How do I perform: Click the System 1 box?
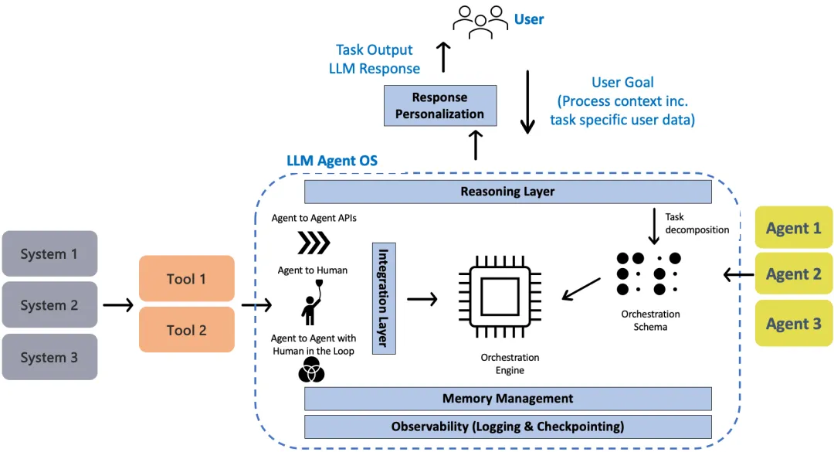pyautogui.click(x=49, y=253)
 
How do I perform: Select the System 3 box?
pyautogui.click(x=49, y=357)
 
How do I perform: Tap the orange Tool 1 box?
pyautogui.click(x=187, y=278)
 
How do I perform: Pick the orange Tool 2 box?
pyautogui.click(x=187, y=330)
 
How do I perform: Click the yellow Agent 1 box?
pyautogui.click(x=794, y=228)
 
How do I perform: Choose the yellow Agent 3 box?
pyautogui.click(x=794, y=323)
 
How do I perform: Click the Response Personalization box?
pyautogui.click(x=440, y=105)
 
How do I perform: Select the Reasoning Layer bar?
pyautogui.click(x=508, y=192)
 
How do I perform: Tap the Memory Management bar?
pyautogui.click(x=508, y=398)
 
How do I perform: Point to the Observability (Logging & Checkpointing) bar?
pyautogui.click(x=508, y=427)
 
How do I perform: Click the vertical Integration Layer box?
pyautogui.click(x=384, y=298)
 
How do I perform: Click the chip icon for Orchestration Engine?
pyautogui.click(x=500, y=297)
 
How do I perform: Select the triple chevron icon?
pyautogui.click(x=314, y=243)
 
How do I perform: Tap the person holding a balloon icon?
pyautogui.click(x=312, y=303)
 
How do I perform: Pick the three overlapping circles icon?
pyautogui.click(x=311, y=369)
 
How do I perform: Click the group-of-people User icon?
pyautogui.click(x=480, y=22)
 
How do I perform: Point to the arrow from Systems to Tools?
pyautogui.click(x=118, y=305)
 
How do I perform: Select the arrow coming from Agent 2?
pyautogui.click(x=739, y=275)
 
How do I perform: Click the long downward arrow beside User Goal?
pyautogui.click(x=527, y=102)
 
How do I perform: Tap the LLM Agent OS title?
pyautogui.click(x=332, y=161)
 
